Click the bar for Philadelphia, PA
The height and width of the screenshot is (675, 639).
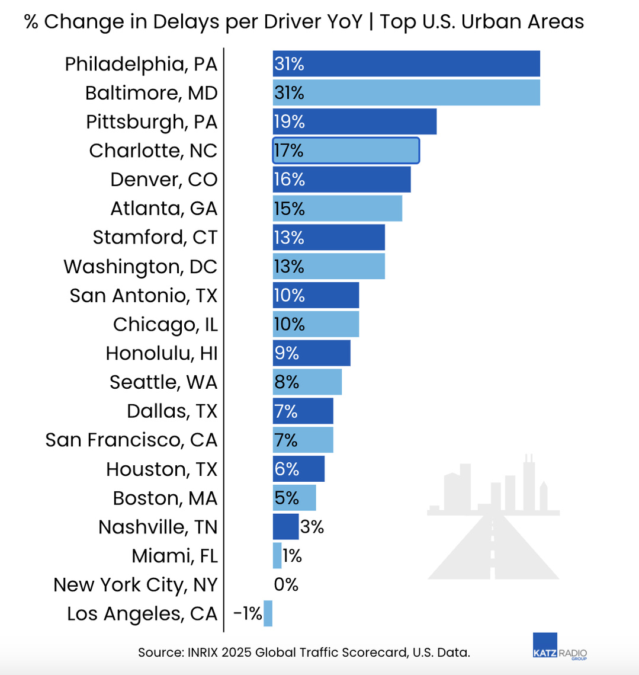(406, 63)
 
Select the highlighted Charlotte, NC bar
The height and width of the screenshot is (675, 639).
(346, 151)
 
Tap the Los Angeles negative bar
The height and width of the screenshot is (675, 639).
(268, 613)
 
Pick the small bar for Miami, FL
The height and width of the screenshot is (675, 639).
(277, 556)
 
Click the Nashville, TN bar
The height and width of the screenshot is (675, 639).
(285, 527)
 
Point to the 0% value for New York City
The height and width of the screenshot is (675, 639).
(286, 585)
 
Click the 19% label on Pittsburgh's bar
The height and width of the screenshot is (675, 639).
(289, 121)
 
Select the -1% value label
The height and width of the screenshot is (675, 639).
(248, 614)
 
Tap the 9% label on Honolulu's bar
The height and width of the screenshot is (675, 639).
(286, 353)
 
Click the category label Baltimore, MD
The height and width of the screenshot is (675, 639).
(151, 93)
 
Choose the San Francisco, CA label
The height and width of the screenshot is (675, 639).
(131, 440)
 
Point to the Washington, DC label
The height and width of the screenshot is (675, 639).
(140, 267)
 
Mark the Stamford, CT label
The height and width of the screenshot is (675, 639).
(155, 238)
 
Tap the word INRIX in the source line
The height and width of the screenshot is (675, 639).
(205, 653)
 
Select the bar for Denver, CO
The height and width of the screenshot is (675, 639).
(342, 180)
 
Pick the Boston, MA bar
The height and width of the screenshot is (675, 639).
(294, 498)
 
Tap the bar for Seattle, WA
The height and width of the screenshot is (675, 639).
(307, 382)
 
